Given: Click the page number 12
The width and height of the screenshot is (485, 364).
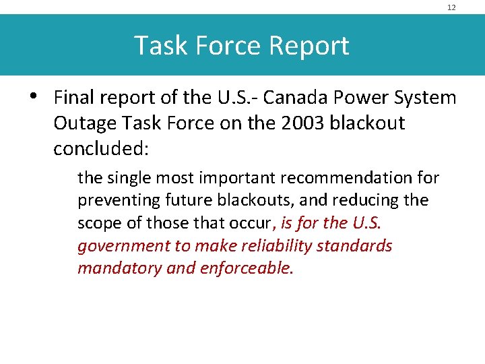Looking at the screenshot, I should point(451,7).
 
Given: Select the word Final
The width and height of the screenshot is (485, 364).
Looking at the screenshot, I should point(74,98).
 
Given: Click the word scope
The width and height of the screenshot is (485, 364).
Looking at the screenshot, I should point(99,223).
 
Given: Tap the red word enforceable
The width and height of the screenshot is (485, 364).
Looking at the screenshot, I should point(247,268).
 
